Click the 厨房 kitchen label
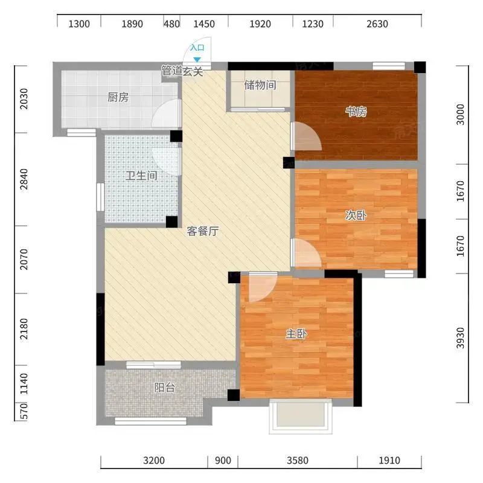pos(118,97)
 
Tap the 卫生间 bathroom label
pos(141,176)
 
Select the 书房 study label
pos(356,112)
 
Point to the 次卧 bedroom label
pos(356,216)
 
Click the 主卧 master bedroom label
pos(296,334)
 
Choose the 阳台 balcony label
pos(165,388)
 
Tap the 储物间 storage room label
pos(260,85)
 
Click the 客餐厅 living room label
pos(203,231)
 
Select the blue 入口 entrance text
pos(197,48)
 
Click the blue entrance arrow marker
pos(197,60)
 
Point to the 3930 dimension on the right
pos(460,338)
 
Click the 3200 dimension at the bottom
pos(154,461)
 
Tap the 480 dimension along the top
pos(171,24)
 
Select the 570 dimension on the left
pos(24,412)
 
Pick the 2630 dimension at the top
pos(377,24)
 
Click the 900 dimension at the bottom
pos(223,461)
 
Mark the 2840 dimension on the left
pos(24,179)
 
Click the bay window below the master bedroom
pos(301,417)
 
